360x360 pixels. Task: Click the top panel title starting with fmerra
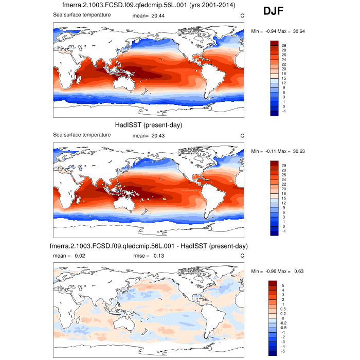coord(148,6)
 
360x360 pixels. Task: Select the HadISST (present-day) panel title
coord(148,125)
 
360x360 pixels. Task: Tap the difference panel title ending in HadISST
coord(149,246)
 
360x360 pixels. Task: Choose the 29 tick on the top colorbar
coord(283,46)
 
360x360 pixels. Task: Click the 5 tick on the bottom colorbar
coord(282,285)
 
